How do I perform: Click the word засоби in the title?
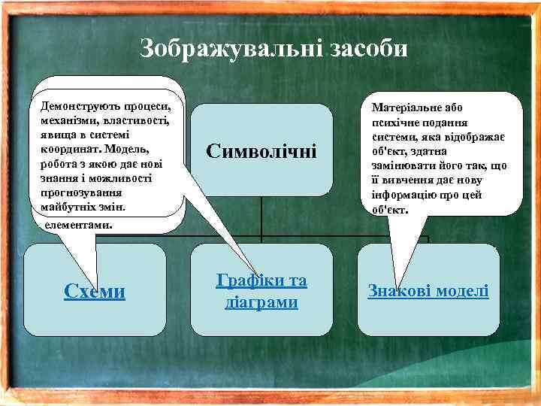pos(367,50)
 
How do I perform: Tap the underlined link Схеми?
pos(95,291)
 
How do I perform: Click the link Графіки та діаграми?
pos(261,292)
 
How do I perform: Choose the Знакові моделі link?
pos(428,290)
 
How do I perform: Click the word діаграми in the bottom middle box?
pos(261,302)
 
